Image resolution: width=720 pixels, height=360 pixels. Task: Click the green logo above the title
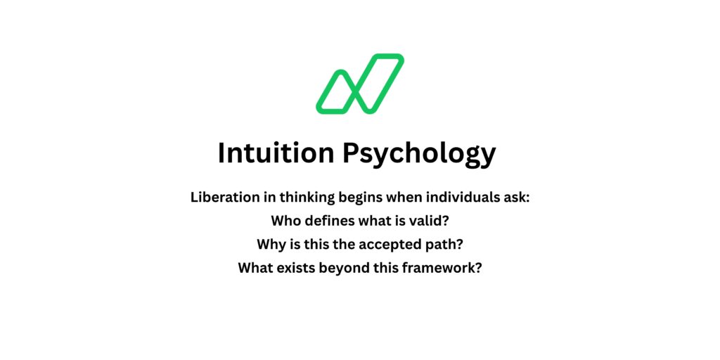pos(359,84)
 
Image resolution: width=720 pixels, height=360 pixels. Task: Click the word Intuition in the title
pos(276,153)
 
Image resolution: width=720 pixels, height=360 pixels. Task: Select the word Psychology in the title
pos(419,154)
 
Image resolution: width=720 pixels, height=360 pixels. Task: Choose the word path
pos(446,244)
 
